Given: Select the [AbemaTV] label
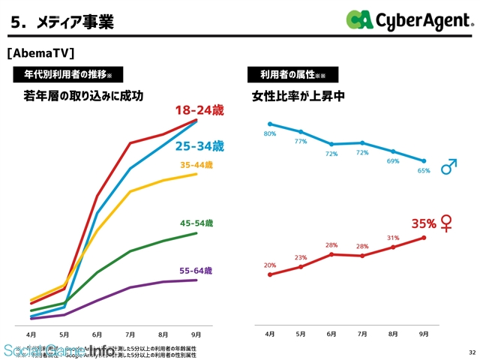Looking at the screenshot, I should pos(40,54).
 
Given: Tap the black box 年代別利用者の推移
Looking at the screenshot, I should pos(68,74).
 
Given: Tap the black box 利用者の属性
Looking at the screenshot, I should pos(292,74).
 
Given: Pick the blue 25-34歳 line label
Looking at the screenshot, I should pos(199,145).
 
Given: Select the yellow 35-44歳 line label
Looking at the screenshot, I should pos(197,165).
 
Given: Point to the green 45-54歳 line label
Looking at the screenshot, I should pos(196,223).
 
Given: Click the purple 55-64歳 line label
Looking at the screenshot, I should pos(196,271).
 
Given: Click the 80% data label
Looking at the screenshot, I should pos(270,133).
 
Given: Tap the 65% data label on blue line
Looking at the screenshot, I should pos(424,170).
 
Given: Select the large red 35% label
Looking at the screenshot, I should pos(424,223).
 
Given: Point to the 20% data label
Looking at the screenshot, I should pos(270,265).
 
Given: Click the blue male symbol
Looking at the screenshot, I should pos(448,166).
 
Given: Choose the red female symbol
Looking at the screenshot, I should pos(447,223).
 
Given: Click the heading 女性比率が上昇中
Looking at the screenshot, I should pos(298,97).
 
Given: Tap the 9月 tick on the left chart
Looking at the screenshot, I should pos(196,334).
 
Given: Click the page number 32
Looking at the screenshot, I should pos(471,352).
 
